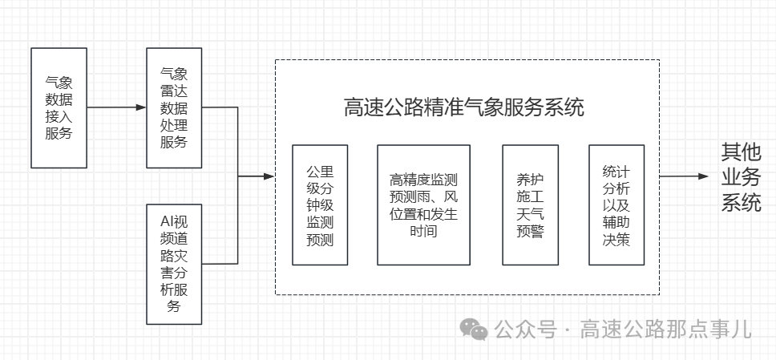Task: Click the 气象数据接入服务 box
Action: (x=59, y=107)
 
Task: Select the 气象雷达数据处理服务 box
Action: (x=174, y=107)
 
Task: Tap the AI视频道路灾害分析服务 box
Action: (x=174, y=264)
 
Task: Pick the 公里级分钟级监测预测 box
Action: (x=320, y=205)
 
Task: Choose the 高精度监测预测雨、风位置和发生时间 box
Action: (x=423, y=205)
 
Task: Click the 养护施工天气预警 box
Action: (x=530, y=205)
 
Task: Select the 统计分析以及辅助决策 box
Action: (x=616, y=205)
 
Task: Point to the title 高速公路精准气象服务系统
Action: (x=464, y=107)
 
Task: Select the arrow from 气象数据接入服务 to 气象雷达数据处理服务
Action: (x=116, y=107)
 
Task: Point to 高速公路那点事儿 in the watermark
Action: (x=665, y=329)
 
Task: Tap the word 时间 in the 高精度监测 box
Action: (x=423, y=232)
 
